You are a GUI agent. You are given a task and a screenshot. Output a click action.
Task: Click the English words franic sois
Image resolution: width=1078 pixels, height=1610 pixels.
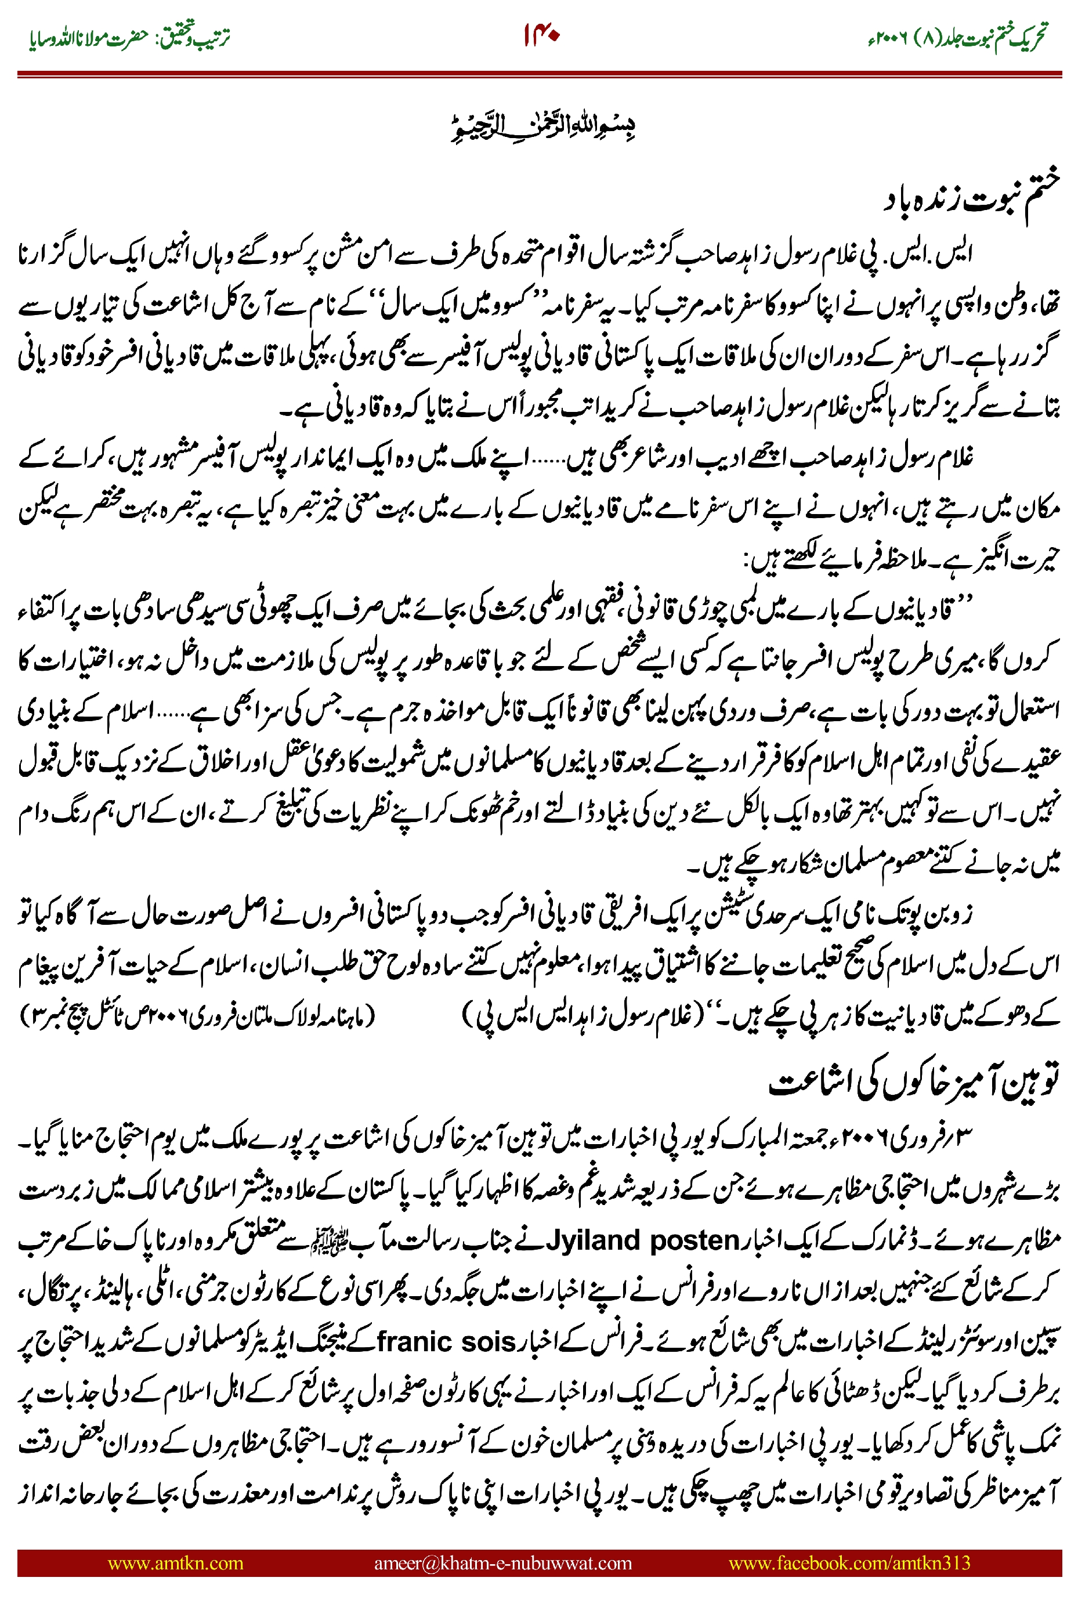click(446, 1341)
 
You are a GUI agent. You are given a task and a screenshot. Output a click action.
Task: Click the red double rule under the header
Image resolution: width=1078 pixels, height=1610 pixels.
click(539, 74)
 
